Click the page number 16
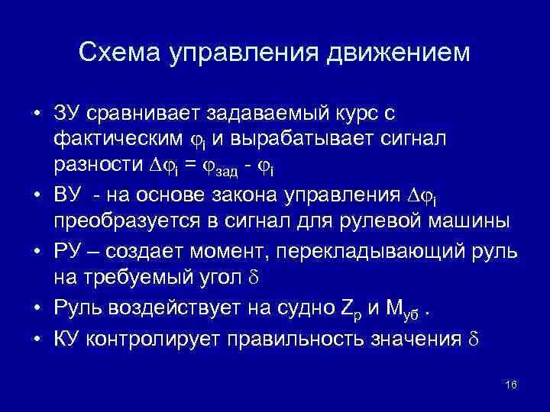[511, 384]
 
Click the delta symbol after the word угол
[256, 277]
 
